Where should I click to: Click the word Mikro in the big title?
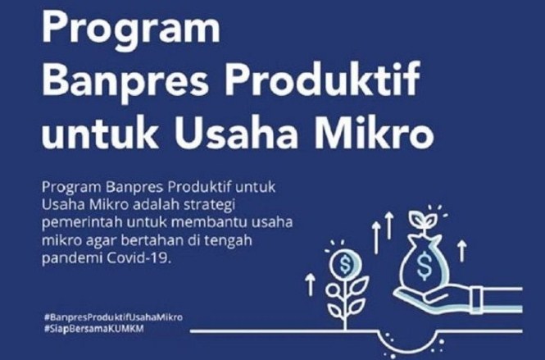[375, 132]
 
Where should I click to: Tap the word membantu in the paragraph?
[209, 222]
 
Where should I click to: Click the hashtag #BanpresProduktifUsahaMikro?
[113, 317]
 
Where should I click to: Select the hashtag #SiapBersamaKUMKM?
[94, 329]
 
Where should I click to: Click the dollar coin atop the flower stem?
[345, 265]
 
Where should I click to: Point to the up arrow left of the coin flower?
[310, 285]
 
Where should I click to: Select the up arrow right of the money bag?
[461, 250]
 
